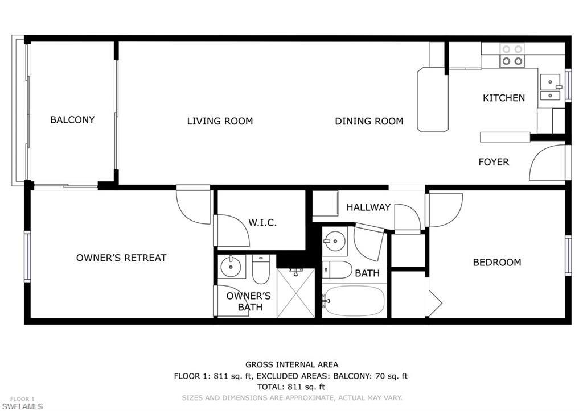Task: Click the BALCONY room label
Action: (x=72, y=120)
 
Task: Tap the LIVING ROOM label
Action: (x=220, y=121)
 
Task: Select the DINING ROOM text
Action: (x=369, y=121)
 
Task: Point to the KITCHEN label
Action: (x=503, y=98)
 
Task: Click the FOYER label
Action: (x=493, y=162)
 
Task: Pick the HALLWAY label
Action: (x=368, y=207)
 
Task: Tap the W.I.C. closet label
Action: (x=262, y=223)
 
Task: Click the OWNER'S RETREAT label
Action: (x=121, y=258)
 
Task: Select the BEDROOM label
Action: (x=496, y=263)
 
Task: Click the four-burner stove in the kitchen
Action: (x=511, y=55)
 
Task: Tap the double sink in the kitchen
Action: (x=550, y=88)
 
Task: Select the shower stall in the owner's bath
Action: (x=295, y=293)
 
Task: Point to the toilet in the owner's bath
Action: (x=260, y=269)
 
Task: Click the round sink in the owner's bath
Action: (x=231, y=265)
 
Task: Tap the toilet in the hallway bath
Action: (x=338, y=269)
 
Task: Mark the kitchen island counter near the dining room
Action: (x=432, y=99)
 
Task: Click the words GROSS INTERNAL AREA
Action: (x=291, y=364)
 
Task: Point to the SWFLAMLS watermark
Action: (x=22, y=406)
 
